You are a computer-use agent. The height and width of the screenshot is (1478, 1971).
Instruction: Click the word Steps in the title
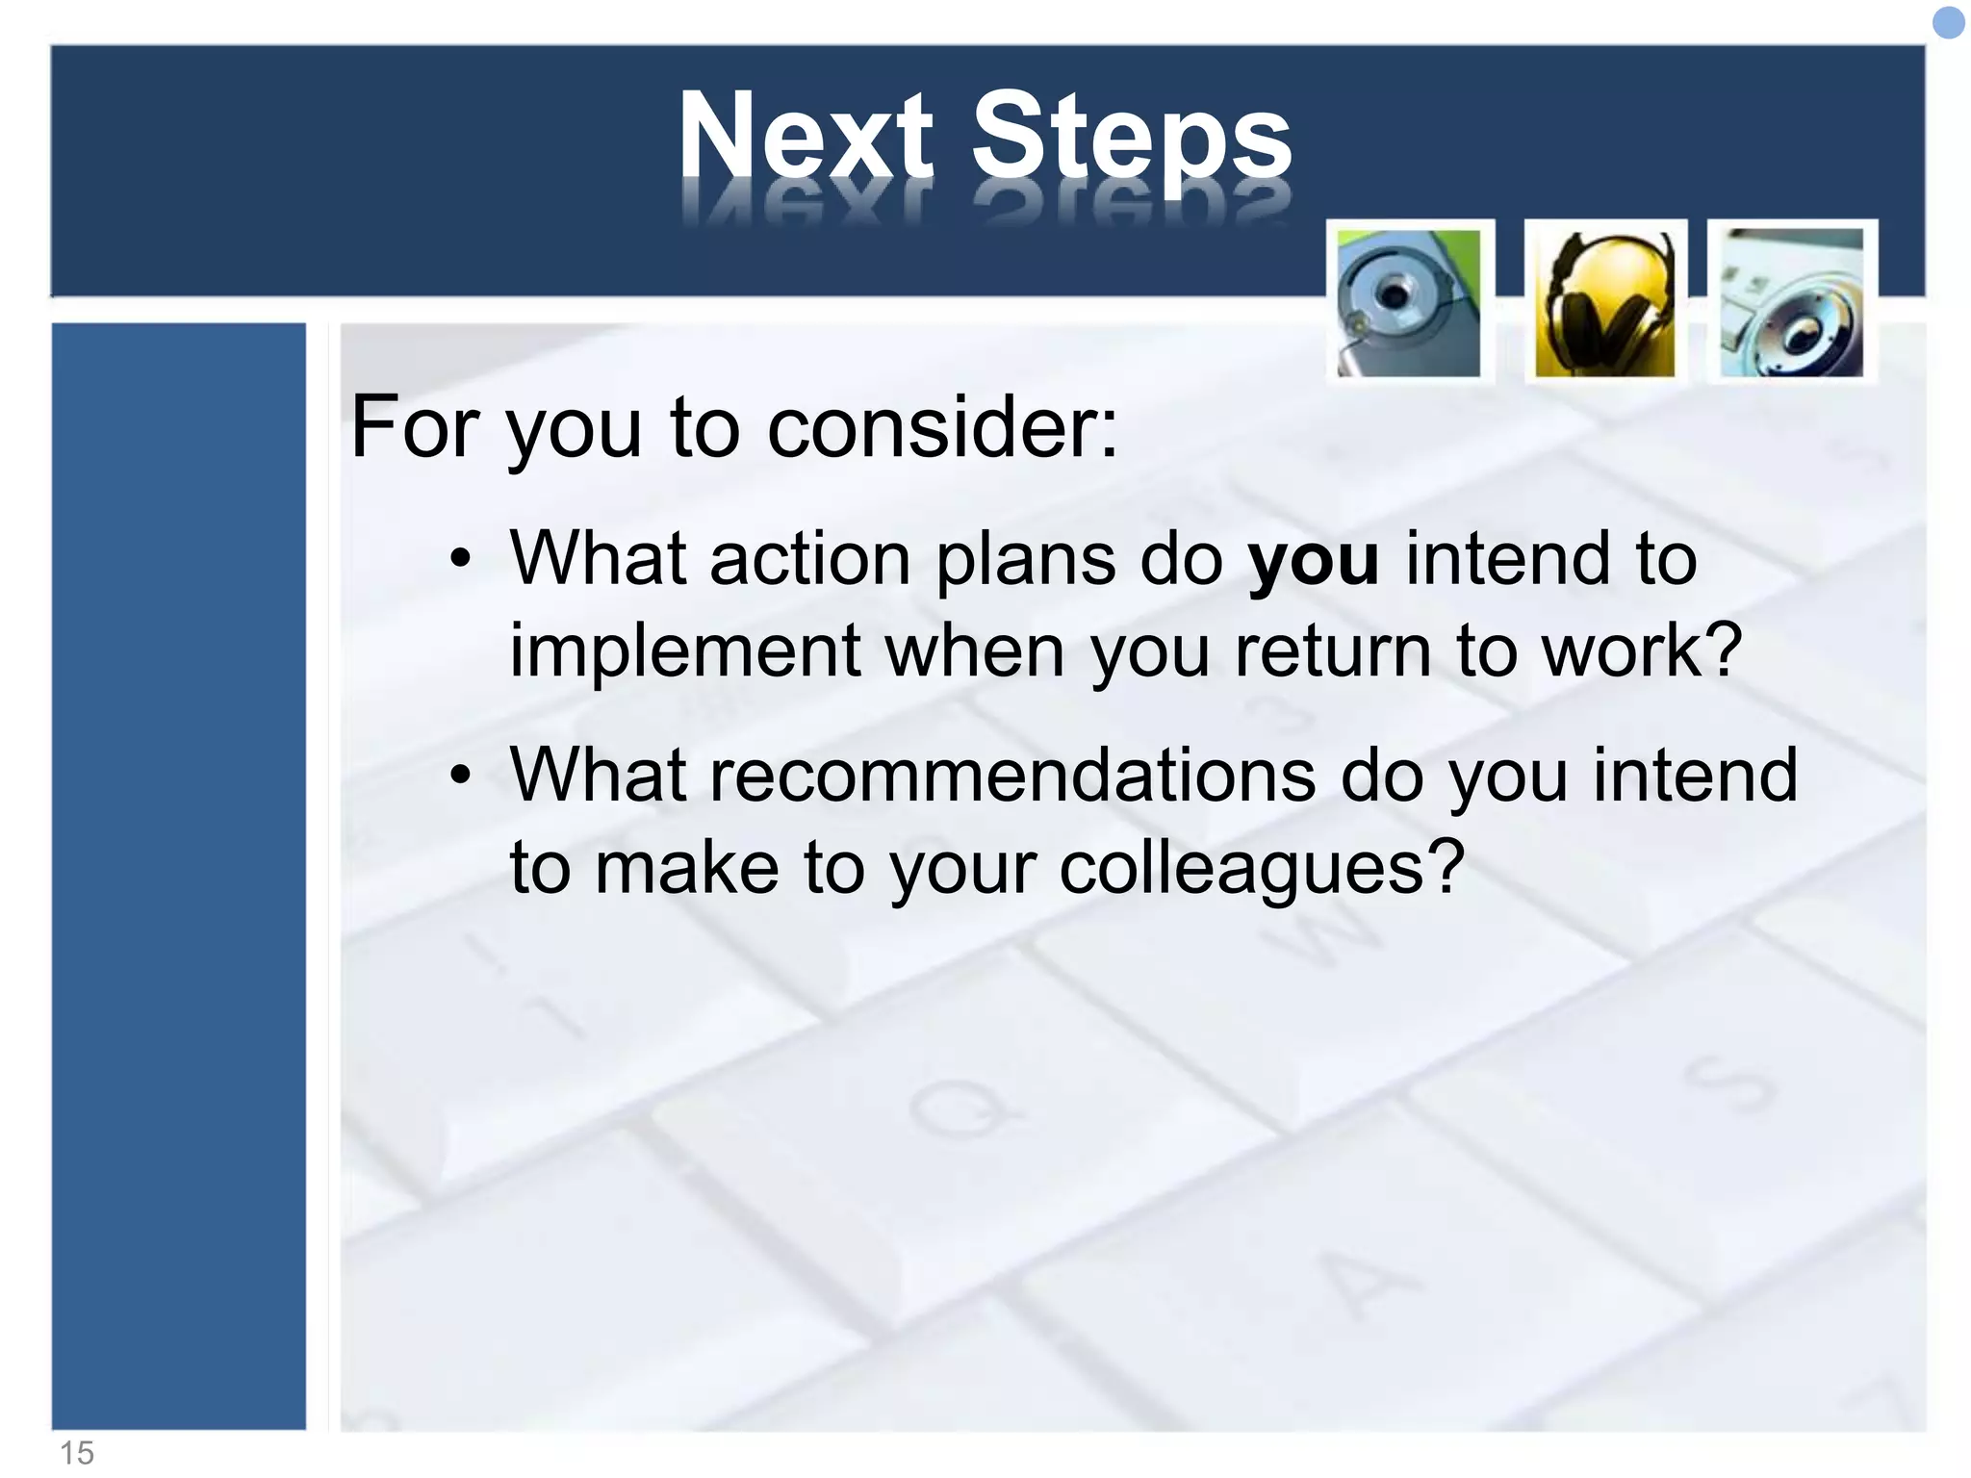coord(1131,140)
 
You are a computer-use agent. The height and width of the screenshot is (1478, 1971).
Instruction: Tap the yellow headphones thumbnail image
coord(1604,303)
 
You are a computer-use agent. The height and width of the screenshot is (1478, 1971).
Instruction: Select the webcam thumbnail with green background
coord(1409,303)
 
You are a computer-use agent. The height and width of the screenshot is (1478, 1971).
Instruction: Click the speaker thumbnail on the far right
coord(1791,303)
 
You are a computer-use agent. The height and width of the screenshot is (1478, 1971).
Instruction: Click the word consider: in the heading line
coord(943,426)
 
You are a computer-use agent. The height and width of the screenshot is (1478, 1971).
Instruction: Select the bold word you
coord(1313,559)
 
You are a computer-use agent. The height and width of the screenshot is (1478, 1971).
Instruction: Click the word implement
coord(684,651)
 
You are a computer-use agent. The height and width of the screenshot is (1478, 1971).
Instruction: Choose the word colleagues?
coord(1262,867)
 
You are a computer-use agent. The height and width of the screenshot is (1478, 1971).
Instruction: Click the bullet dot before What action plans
coord(462,559)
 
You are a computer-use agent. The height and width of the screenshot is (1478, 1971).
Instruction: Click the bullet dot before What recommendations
coord(462,775)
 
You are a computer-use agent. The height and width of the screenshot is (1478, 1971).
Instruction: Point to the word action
coord(809,559)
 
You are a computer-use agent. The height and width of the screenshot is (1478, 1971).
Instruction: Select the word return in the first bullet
coord(1333,651)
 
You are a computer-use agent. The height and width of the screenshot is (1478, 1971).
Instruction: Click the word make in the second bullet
coord(686,867)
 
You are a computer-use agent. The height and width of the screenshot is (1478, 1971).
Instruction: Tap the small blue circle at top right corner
coord(1948,23)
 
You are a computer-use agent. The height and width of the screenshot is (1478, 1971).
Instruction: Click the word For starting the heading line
coord(415,426)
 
